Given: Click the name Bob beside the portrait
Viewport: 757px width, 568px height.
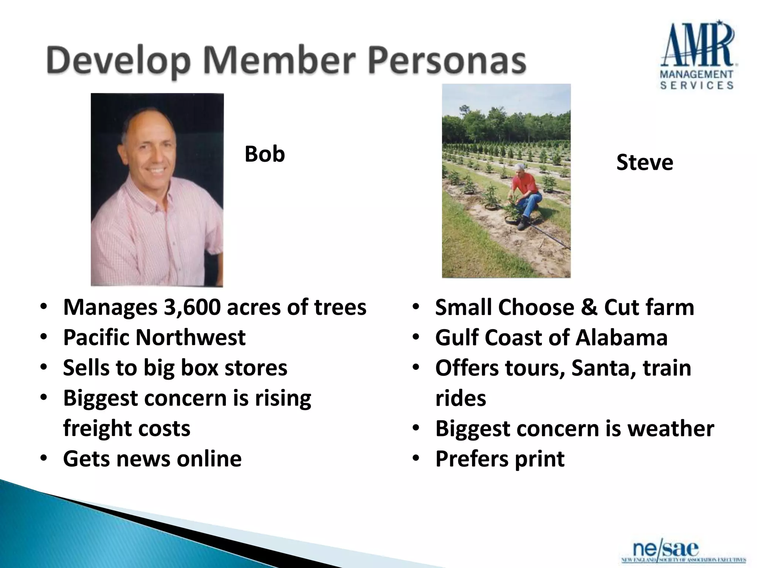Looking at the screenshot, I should point(265,154).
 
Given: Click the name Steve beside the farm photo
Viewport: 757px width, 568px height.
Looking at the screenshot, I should point(645,163).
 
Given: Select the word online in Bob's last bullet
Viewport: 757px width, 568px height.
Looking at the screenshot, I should point(209,459).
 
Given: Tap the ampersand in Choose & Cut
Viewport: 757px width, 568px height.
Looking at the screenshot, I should point(589,307).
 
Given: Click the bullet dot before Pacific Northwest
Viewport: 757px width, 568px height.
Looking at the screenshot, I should point(44,337).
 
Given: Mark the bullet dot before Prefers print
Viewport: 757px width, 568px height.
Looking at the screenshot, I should point(416,459).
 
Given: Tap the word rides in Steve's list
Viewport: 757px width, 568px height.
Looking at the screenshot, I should point(461,398).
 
